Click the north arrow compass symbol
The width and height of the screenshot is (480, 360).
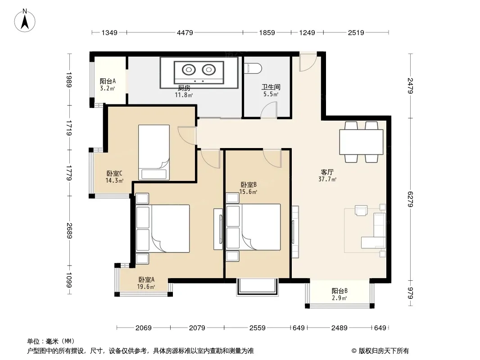(x=25, y=21)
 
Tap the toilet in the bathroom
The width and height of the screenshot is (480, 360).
(x=254, y=68)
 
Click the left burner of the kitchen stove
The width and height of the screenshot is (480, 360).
(x=189, y=70)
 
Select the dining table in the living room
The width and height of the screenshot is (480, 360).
(x=361, y=142)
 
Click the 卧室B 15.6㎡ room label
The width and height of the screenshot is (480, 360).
(x=248, y=188)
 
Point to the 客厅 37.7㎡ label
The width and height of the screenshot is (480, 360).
(x=327, y=175)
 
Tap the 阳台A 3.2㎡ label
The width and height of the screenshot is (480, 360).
(x=108, y=85)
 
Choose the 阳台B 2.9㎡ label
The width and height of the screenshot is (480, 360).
(x=340, y=294)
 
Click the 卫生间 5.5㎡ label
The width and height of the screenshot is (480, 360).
(x=271, y=90)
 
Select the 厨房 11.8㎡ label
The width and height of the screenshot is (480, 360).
(x=184, y=91)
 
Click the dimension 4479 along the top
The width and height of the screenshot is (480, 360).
(x=185, y=32)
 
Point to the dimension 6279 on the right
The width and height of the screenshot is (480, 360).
(x=411, y=199)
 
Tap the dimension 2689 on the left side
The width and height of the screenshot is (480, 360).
(x=69, y=231)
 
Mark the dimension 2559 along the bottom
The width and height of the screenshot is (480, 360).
(x=258, y=328)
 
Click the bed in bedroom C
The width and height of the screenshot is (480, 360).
(x=154, y=152)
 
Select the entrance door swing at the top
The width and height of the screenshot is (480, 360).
(x=308, y=63)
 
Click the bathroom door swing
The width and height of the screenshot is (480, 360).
(x=269, y=110)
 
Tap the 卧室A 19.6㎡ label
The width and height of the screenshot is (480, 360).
(x=146, y=283)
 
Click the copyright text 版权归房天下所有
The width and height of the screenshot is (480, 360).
(x=384, y=351)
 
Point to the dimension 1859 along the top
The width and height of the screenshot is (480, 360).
(x=267, y=32)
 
